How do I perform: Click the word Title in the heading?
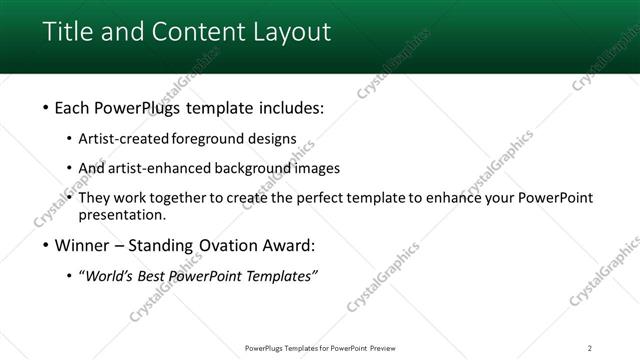click(68, 32)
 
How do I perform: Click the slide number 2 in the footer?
click(590, 347)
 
